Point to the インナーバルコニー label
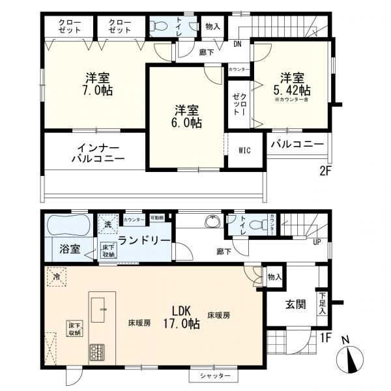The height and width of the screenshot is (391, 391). point(98,152)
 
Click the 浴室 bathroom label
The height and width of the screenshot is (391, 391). point(70,248)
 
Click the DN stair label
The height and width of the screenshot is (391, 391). point(239,44)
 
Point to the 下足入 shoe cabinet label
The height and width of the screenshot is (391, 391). point(322,303)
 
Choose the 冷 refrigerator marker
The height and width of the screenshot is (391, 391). point(57,276)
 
